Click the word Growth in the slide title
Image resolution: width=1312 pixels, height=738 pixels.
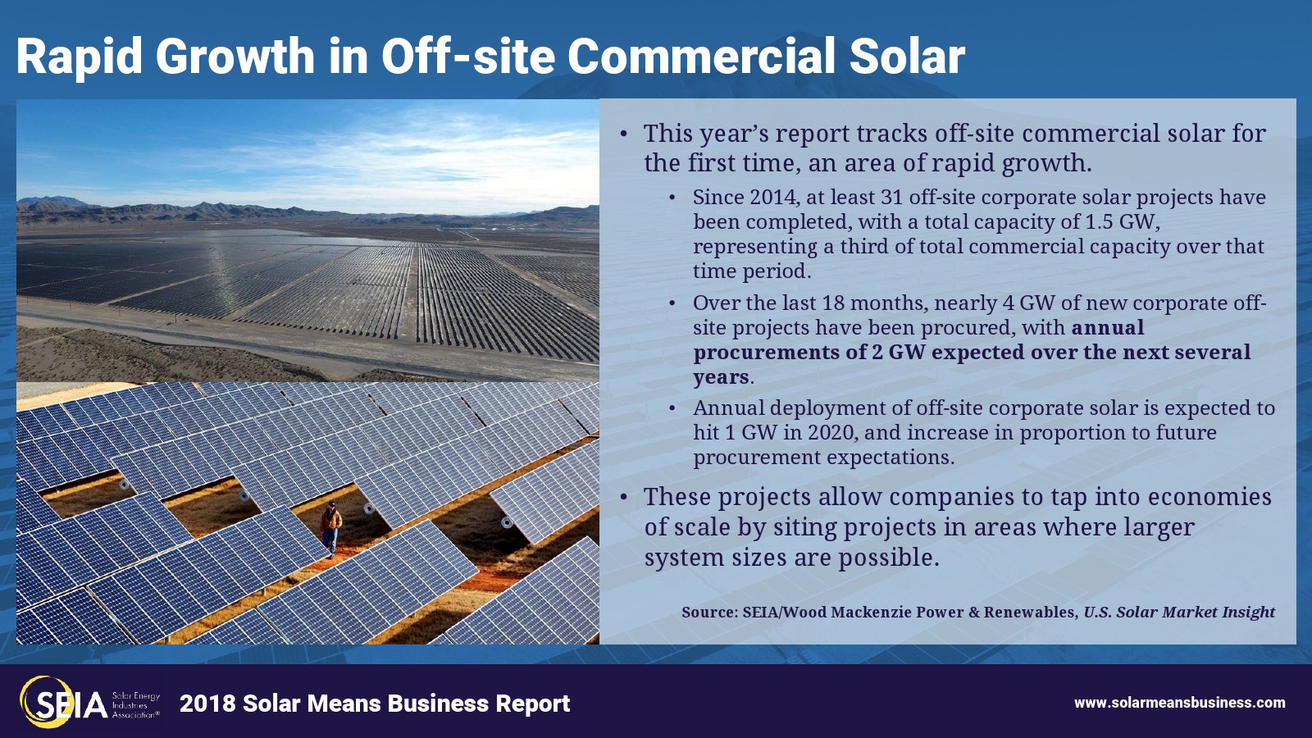click(x=235, y=57)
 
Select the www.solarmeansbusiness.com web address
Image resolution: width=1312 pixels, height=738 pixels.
click(x=1180, y=702)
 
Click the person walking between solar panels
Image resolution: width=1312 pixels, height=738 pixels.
click(x=330, y=529)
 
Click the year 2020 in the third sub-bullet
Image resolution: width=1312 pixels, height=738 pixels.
click(x=831, y=432)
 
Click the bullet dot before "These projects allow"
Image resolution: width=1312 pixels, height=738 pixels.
click(x=624, y=498)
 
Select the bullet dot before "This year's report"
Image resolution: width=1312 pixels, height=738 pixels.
click(x=624, y=134)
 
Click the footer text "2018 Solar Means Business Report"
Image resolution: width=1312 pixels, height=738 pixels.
click(x=375, y=704)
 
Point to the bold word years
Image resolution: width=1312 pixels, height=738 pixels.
click(x=721, y=378)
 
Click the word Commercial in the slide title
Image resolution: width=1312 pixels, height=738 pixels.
click(x=701, y=57)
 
